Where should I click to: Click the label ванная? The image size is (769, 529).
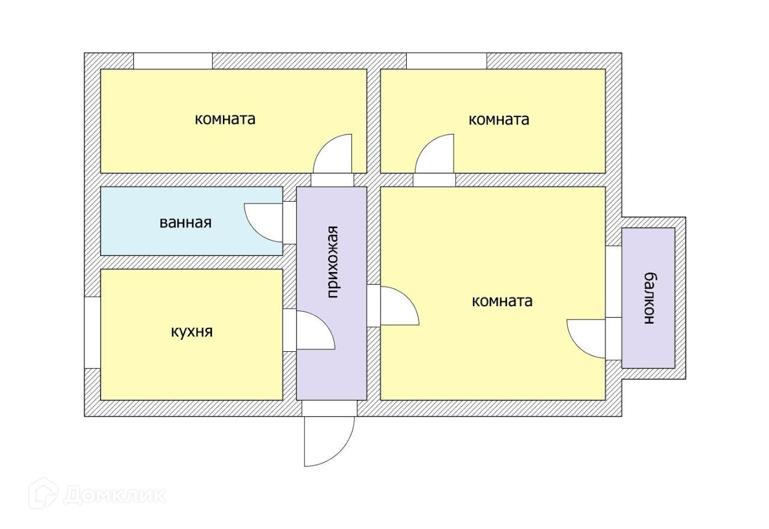pyautogui.click(x=186, y=223)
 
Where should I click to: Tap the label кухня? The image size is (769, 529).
pyautogui.click(x=192, y=331)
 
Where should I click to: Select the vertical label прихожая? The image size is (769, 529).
pyautogui.click(x=333, y=262)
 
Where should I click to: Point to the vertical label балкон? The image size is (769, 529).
pyautogui.click(x=649, y=298)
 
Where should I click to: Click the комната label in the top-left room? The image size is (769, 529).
pyautogui.click(x=225, y=119)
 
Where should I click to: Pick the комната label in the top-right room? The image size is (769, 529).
pyautogui.click(x=499, y=119)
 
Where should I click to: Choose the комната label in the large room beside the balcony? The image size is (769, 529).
pyautogui.click(x=502, y=301)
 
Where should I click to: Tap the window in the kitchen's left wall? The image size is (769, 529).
pyautogui.click(x=92, y=332)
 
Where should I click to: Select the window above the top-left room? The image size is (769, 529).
pyautogui.click(x=173, y=61)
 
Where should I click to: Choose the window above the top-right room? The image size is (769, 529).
pyautogui.click(x=446, y=61)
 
